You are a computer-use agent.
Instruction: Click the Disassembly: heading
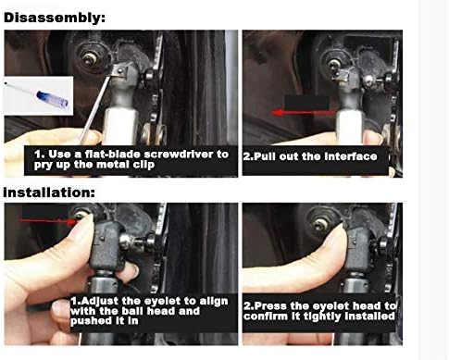point(55,18)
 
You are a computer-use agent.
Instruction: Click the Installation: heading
point(49,192)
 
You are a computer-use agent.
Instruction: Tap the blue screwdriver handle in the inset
point(53,98)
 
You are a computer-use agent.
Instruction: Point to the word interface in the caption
point(352,156)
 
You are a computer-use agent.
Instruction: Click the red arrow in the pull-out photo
point(304,113)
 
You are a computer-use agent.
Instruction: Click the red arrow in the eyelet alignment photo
point(48,220)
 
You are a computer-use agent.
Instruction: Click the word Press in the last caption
point(270,306)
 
